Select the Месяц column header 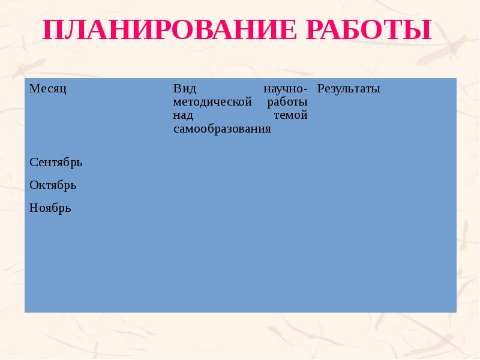tap(47, 89)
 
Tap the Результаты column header tap(349, 89)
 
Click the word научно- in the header tap(286, 89)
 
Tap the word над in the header tap(182, 115)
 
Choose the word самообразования tap(222, 128)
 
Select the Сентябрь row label tap(56, 162)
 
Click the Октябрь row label tap(53, 185)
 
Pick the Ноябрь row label tap(50, 208)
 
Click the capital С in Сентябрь tap(33, 162)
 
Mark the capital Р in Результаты tap(320, 89)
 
